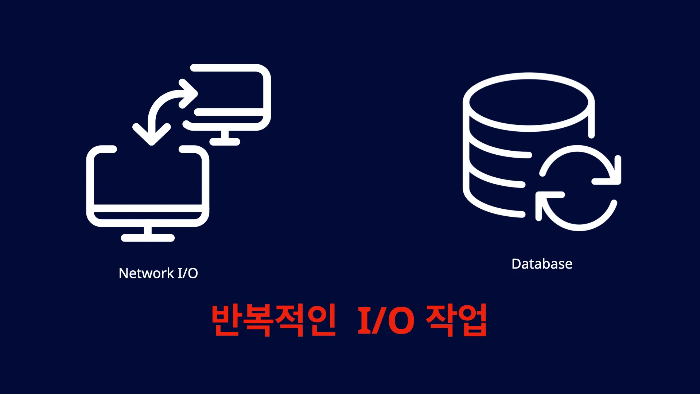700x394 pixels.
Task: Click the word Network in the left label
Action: [x=147, y=273]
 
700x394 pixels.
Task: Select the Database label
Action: [x=542, y=264]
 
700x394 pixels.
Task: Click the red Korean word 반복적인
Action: [x=273, y=320]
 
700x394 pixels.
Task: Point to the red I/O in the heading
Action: [x=386, y=320]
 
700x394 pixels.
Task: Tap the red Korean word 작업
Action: [x=456, y=320]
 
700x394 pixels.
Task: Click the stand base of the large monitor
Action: [x=148, y=238]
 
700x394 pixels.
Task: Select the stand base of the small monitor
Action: [x=225, y=142]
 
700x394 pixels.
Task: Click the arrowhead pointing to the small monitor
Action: [x=188, y=94]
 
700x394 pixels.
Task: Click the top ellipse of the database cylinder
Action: [x=529, y=102]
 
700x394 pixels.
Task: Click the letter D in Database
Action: [x=517, y=264]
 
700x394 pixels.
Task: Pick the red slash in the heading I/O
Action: [x=379, y=320]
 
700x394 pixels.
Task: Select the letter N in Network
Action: [x=124, y=273]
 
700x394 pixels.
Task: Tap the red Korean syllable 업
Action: [x=471, y=320]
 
